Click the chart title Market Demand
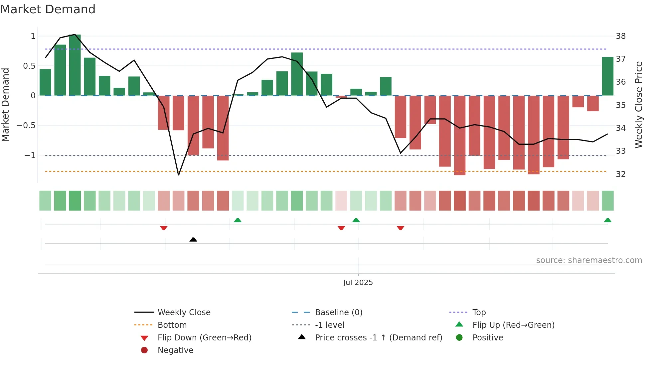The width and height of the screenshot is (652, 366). (x=48, y=9)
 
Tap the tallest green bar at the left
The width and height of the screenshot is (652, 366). (x=75, y=65)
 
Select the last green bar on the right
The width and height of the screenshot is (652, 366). (x=607, y=76)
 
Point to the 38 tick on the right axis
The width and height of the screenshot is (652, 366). (x=621, y=36)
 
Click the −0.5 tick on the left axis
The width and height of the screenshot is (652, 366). (x=26, y=126)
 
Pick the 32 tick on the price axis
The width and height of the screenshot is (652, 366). (x=621, y=174)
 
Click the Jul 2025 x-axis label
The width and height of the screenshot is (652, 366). (x=358, y=283)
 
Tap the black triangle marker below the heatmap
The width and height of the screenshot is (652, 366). (x=193, y=239)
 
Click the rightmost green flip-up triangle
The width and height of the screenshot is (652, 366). (x=607, y=220)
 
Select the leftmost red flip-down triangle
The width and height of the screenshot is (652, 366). (x=164, y=228)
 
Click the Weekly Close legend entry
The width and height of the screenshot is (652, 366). (x=184, y=313)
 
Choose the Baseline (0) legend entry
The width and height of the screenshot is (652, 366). (x=338, y=313)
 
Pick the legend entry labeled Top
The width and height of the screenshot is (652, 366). (x=479, y=313)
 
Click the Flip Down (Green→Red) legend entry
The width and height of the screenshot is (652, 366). (x=204, y=338)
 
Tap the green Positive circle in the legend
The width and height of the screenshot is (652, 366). (x=459, y=338)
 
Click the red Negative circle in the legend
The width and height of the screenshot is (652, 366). (x=144, y=350)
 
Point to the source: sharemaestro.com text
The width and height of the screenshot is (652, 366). (x=589, y=260)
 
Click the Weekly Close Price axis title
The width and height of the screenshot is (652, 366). (x=638, y=105)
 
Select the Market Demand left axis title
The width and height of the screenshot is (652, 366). (x=6, y=105)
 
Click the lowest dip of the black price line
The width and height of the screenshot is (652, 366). (x=179, y=175)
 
